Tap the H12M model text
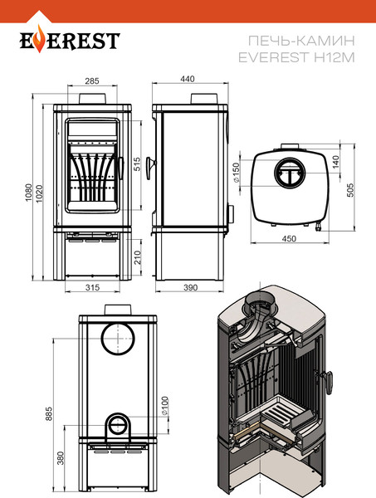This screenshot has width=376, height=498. (x=334, y=57)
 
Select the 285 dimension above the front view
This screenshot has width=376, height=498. (x=92, y=81)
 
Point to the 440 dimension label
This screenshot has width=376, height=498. (x=188, y=79)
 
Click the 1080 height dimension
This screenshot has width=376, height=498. (x=29, y=193)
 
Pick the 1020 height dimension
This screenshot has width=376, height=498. (x=39, y=193)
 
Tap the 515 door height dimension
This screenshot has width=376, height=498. (x=137, y=164)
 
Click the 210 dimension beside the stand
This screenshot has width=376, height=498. (x=137, y=257)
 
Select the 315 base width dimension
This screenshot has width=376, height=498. (x=92, y=287)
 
